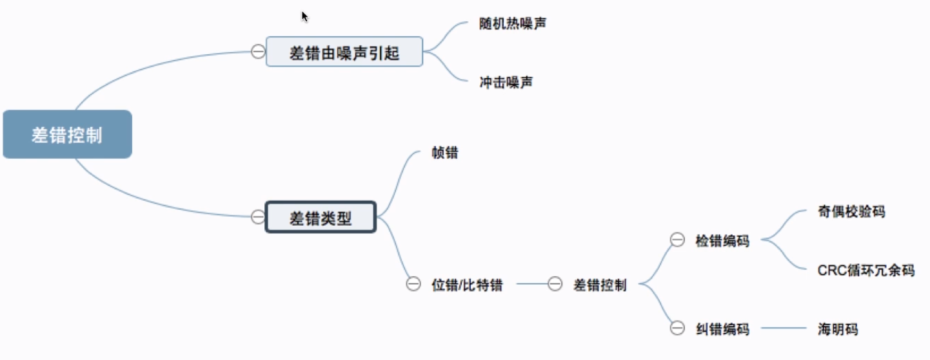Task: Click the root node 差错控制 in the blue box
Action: pos(67,135)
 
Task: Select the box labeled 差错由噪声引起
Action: pos(344,52)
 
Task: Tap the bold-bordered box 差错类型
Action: pos(321,217)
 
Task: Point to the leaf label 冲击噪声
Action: pos(506,83)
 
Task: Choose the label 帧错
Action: pos(445,154)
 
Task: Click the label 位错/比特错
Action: pos(466,285)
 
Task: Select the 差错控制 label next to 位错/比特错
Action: pos(600,285)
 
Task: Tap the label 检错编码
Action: pos(722,241)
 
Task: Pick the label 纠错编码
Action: pos(722,329)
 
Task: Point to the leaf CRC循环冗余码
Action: pos(866,270)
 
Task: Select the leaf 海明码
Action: pos(837,329)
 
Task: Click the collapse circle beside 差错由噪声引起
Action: pos(258,52)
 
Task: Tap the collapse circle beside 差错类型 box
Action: pos(258,217)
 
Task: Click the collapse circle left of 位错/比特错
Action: pos(413,285)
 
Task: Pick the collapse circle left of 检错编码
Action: pos(677,240)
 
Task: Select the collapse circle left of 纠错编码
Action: pos(677,328)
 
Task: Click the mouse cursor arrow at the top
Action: pos(304,15)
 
